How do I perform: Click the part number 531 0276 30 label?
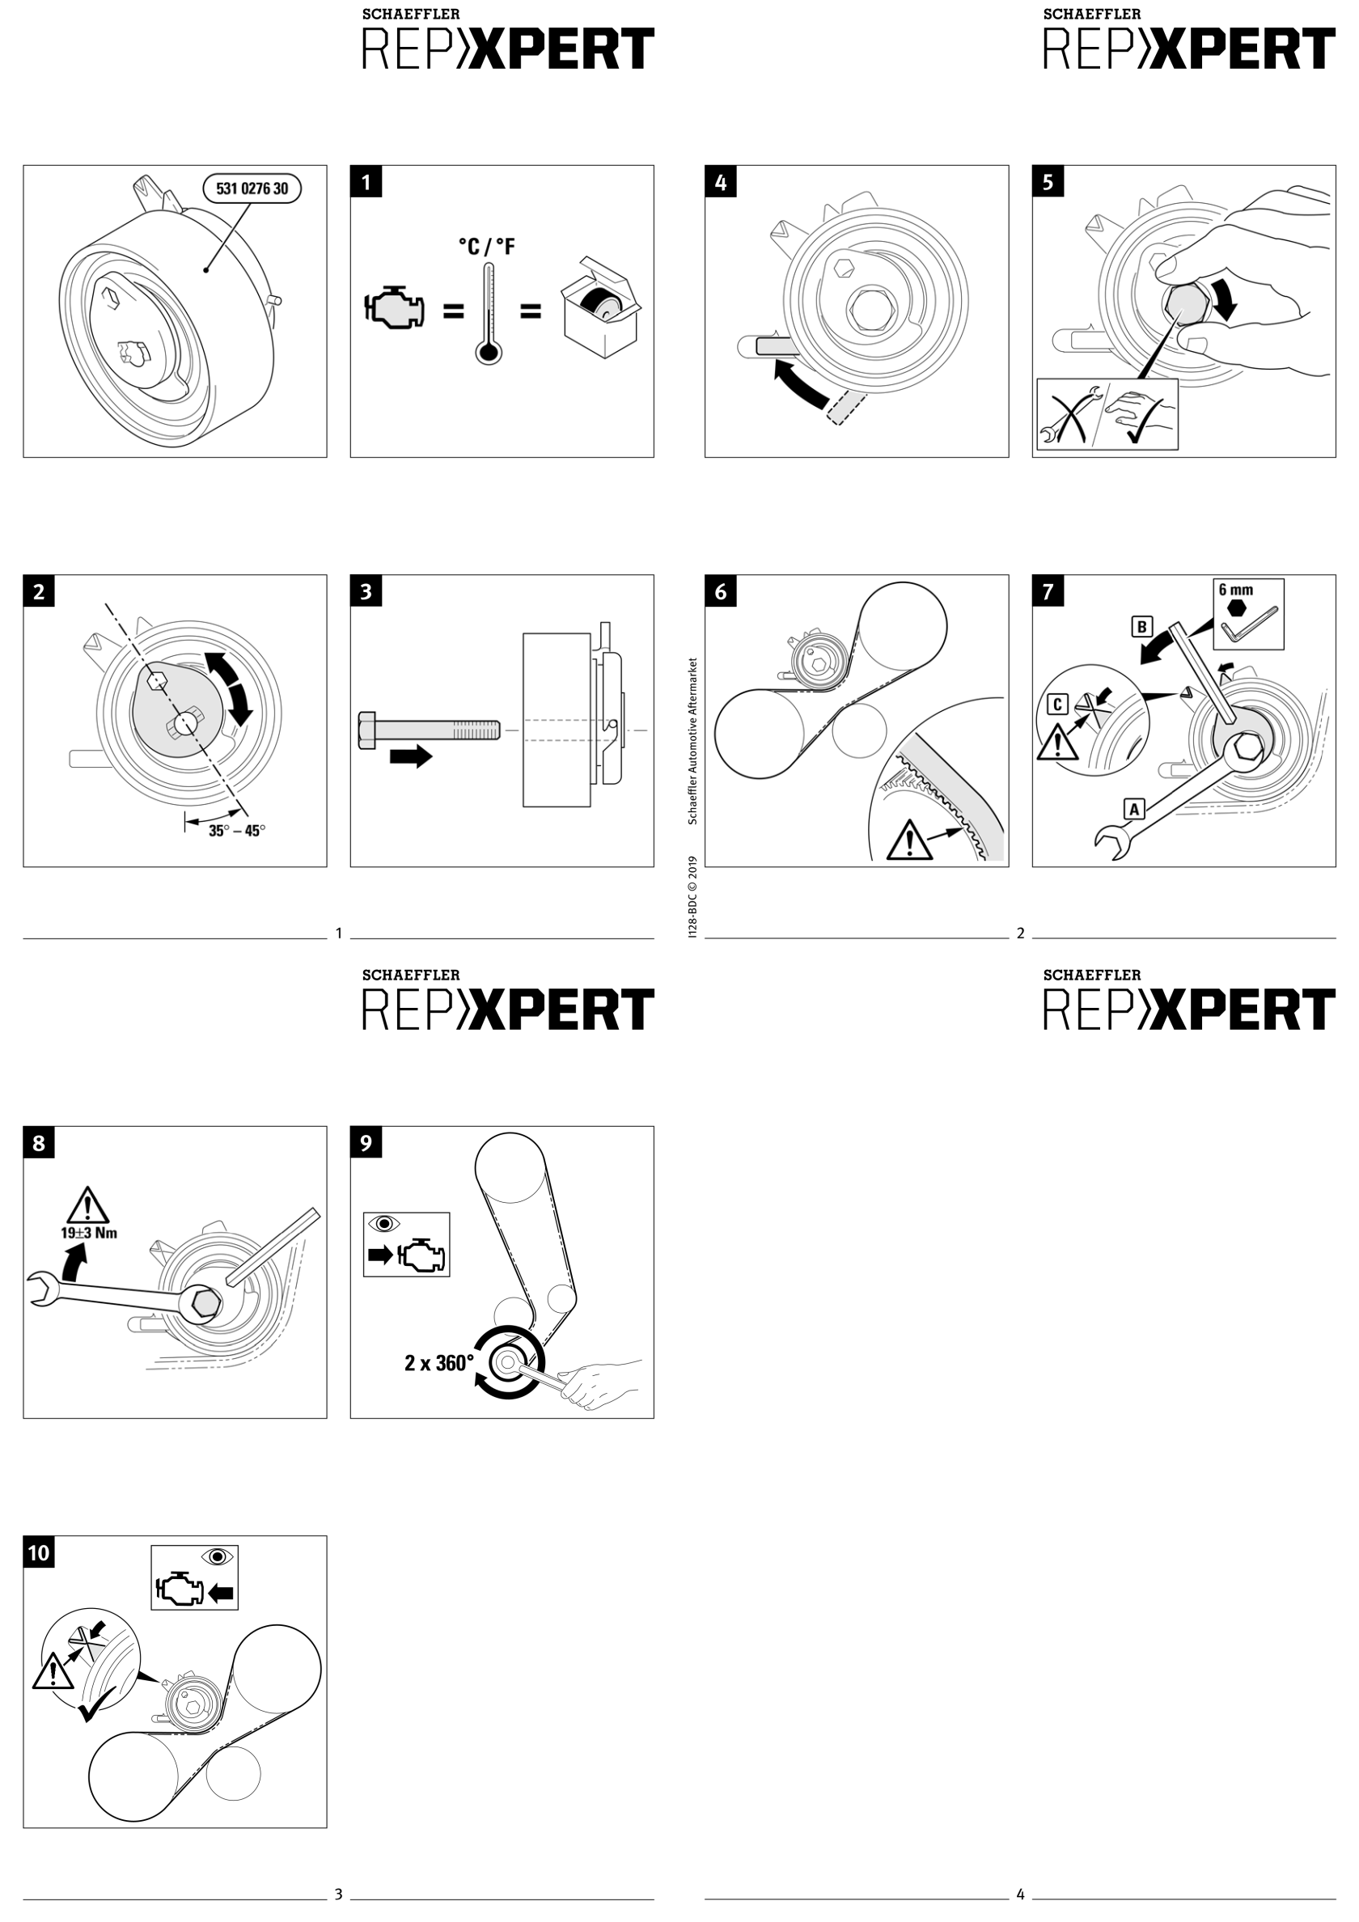tap(252, 188)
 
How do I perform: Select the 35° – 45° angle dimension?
tap(236, 831)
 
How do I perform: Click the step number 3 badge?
tap(366, 592)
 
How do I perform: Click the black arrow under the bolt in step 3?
tap(410, 756)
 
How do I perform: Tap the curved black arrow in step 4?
tap(800, 386)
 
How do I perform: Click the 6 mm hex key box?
tap(1247, 614)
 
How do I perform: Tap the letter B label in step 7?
tap(1141, 626)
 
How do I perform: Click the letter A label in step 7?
tap(1134, 809)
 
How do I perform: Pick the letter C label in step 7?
tap(1057, 704)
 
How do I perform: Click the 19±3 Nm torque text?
tap(89, 1233)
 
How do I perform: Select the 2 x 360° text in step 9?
tap(438, 1364)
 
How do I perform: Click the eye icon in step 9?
tap(384, 1224)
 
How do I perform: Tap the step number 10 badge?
tap(39, 1554)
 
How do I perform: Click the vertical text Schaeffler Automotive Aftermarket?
tap(692, 741)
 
